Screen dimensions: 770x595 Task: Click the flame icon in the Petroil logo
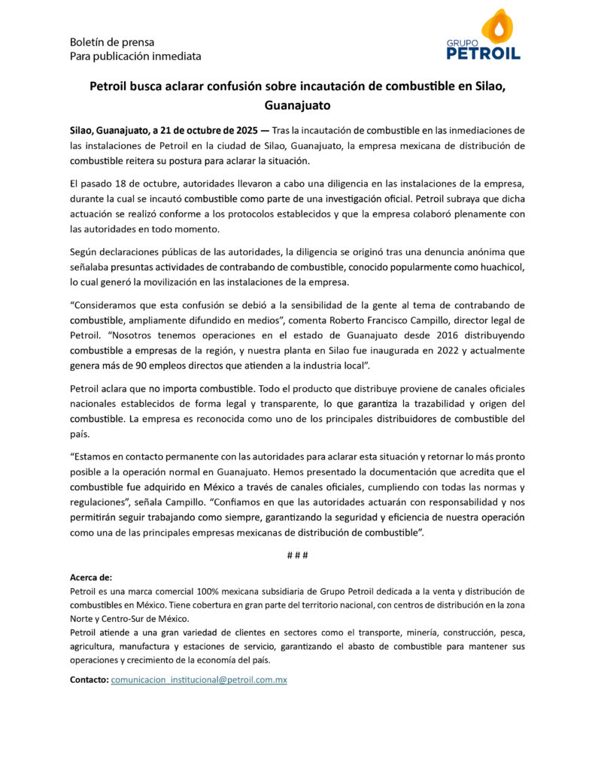[x=496, y=26]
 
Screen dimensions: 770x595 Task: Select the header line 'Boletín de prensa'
[x=112, y=42]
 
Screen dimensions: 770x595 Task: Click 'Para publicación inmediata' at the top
[x=135, y=56]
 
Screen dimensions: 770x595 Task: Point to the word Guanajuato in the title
[x=297, y=105]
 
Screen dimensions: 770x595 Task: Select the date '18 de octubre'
[x=138, y=184]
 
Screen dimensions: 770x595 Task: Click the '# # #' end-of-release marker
[x=297, y=555]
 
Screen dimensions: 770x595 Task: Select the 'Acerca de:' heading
[x=90, y=577]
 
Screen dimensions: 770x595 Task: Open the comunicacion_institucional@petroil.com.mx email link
[x=199, y=680]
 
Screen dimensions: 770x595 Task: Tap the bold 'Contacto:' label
[x=89, y=680]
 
